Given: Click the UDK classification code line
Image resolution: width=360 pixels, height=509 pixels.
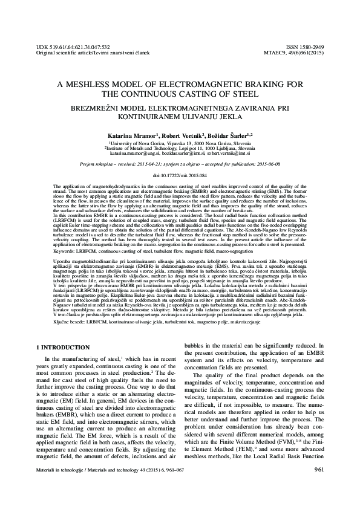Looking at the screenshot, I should [x=73, y=47].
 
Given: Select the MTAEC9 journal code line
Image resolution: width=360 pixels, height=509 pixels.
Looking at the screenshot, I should [x=297, y=53].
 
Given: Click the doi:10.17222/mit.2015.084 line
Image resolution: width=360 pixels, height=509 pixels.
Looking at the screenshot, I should [x=180, y=175].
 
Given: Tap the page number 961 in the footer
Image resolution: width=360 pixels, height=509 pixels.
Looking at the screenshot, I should [x=315, y=486].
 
